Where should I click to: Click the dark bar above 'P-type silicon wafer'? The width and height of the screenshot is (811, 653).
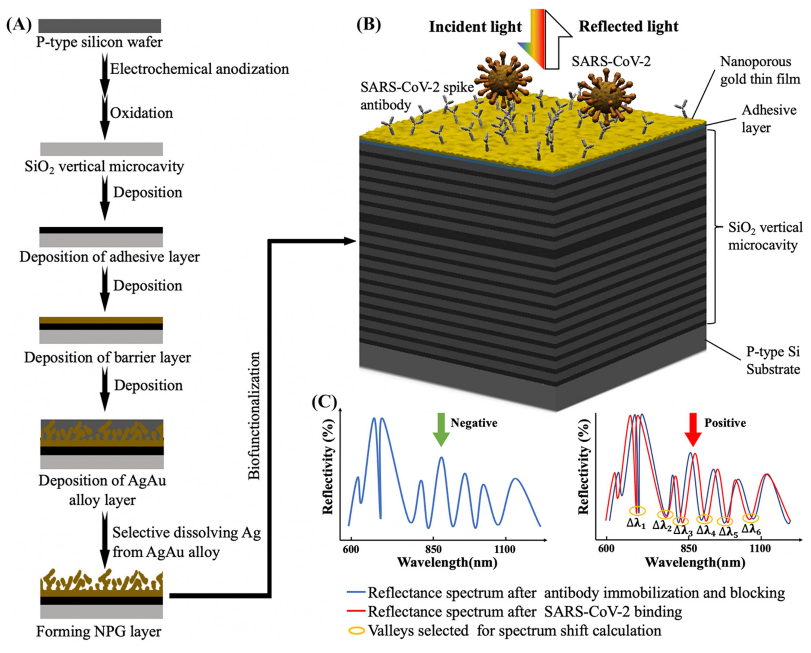100,26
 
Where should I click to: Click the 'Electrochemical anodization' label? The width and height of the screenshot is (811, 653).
199,69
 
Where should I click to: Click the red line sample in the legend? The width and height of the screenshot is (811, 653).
356,612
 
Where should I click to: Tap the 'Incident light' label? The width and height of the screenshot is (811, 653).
475,27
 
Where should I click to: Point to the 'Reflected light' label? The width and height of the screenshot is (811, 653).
628,26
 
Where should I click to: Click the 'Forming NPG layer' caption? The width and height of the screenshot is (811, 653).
99,631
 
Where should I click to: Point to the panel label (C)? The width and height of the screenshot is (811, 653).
324,402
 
